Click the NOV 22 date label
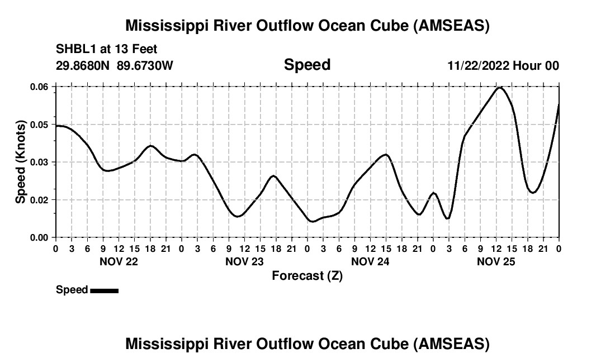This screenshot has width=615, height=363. [x=119, y=261]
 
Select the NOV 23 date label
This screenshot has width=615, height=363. [x=244, y=261]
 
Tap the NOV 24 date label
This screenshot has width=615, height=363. [x=370, y=261]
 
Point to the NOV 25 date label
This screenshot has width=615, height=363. [x=496, y=261]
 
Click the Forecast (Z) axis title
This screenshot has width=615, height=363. [x=307, y=276]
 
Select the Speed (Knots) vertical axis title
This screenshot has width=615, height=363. [x=21, y=162]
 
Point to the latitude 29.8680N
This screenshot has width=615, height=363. [x=83, y=65]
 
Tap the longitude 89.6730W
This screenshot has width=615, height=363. [x=145, y=65]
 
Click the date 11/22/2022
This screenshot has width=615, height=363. [x=477, y=65]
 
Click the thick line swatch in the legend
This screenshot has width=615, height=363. [x=104, y=290]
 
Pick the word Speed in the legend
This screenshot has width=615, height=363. [x=72, y=290]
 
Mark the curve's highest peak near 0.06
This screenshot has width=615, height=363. [x=500, y=88]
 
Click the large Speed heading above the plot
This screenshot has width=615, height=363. [x=307, y=65]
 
